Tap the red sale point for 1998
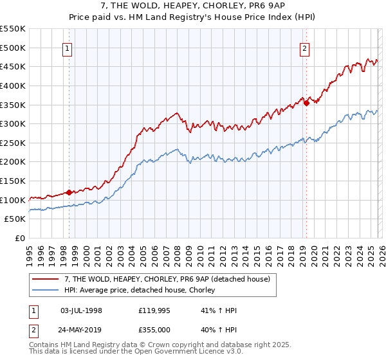69,192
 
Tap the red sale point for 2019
307,102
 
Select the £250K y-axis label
13,143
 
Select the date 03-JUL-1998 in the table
81,310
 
